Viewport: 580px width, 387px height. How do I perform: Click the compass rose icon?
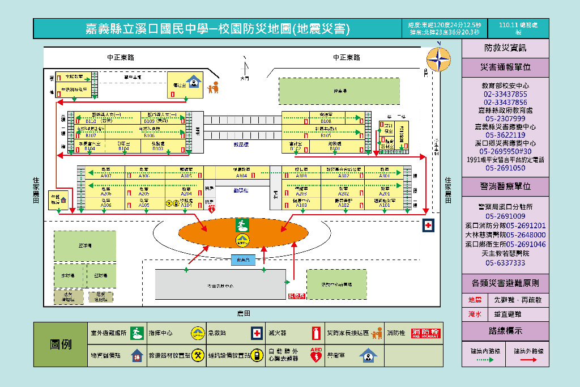tap(438, 59)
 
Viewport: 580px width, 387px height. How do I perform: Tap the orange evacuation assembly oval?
tap(243, 234)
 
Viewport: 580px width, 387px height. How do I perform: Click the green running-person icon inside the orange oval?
tap(242, 226)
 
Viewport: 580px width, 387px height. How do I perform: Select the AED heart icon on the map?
tap(212, 209)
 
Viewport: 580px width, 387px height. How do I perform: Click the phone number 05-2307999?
tap(505, 118)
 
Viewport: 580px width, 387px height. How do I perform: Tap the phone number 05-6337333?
tap(505, 263)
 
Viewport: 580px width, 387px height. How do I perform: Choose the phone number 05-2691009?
tap(505, 216)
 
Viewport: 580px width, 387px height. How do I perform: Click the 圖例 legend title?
tap(61, 345)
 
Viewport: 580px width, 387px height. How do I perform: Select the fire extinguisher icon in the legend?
tap(316, 333)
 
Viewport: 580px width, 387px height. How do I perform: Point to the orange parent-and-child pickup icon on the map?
tap(213, 88)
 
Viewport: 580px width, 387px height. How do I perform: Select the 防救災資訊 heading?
tap(505, 48)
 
